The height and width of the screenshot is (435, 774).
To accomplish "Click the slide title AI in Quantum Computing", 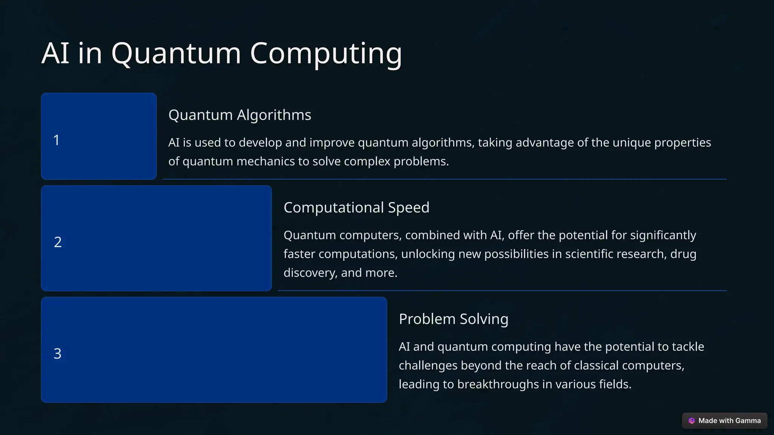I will (x=221, y=53).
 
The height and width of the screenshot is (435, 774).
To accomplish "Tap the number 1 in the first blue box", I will (x=57, y=140).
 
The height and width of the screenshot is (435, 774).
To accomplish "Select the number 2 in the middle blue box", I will (x=58, y=242).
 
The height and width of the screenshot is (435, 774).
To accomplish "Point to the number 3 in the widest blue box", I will (x=57, y=353).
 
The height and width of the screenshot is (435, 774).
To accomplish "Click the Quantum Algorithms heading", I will (x=240, y=115).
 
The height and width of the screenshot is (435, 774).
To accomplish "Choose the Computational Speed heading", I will (x=356, y=207).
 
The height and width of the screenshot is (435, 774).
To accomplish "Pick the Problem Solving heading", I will (x=454, y=319).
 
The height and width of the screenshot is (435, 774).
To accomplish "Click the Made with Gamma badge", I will (x=724, y=421).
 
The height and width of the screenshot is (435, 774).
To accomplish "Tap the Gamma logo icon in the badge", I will (x=692, y=421).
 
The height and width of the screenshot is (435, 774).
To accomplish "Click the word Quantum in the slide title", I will (x=176, y=53).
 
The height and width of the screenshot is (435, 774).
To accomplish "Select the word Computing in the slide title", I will (x=326, y=53).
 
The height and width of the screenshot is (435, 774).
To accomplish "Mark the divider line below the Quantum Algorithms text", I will (x=444, y=179).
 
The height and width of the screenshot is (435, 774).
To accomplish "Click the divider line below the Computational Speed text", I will (x=502, y=290).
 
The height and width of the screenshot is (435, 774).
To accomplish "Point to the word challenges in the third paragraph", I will (x=428, y=366).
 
